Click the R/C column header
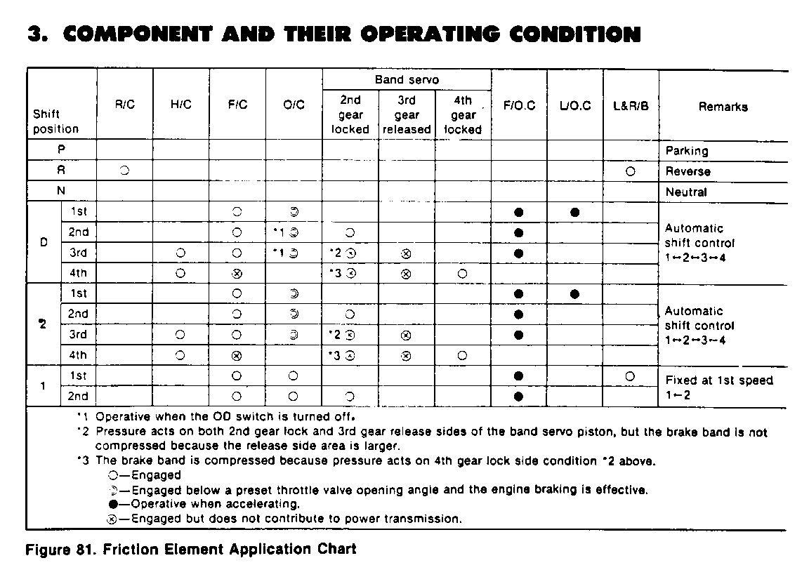(x=124, y=105)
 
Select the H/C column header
(x=180, y=105)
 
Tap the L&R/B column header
(x=630, y=106)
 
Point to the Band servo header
(x=407, y=80)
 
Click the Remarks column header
(x=723, y=107)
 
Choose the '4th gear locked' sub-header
(x=463, y=115)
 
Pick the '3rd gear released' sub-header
(x=407, y=115)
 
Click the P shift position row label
(x=61, y=150)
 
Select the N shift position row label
(x=61, y=192)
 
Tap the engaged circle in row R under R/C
(x=124, y=171)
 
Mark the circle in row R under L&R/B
(x=630, y=171)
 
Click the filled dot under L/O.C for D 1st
(x=574, y=212)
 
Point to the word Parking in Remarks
(x=686, y=151)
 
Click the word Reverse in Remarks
(x=688, y=171)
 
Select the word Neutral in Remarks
(x=686, y=192)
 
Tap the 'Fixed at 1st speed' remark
(x=718, y=380)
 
